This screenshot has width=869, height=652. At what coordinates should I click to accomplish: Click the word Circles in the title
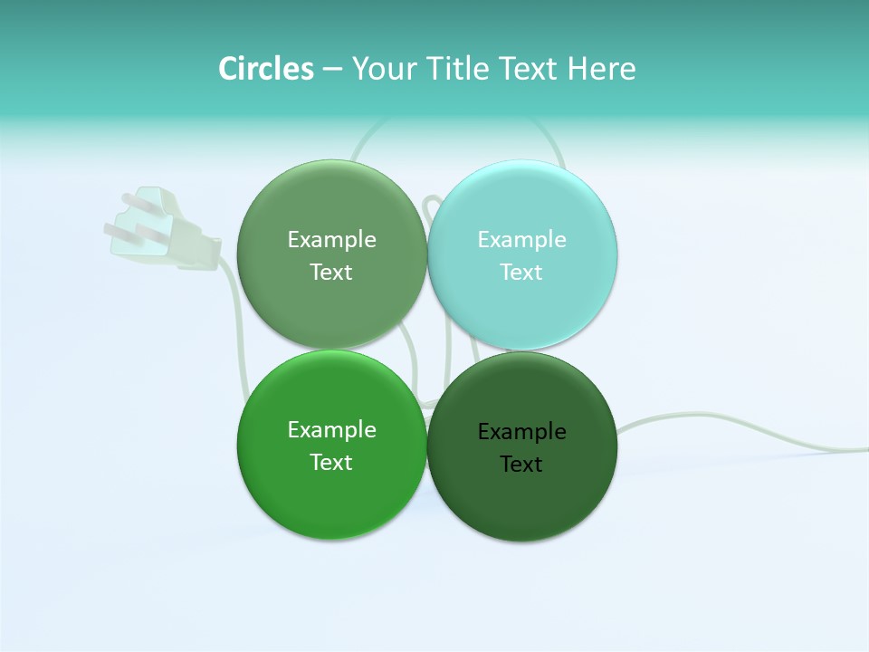[265, 69]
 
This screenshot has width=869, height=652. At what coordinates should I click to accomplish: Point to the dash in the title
[332, 70]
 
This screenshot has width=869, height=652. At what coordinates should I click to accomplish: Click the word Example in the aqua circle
[521, 240]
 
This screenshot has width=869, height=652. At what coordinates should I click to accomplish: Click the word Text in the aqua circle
[521, 273]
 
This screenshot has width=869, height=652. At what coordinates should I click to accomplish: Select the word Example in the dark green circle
[521, 432]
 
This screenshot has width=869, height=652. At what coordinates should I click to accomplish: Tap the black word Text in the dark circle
[521, 465]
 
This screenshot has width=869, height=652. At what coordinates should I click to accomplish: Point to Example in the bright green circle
[331, 430]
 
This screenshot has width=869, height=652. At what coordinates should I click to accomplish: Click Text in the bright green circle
[331, 463]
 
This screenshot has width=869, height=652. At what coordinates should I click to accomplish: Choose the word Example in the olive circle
[331, 240]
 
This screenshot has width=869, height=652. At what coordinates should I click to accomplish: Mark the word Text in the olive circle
[331, 273]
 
